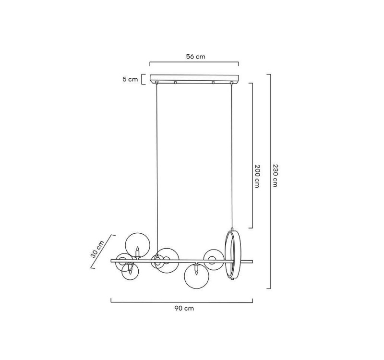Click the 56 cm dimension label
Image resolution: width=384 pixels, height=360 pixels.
click(196, 57)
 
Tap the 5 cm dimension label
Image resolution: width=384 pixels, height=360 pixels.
click(130, 79)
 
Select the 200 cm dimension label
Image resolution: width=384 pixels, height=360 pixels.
click(257, 176)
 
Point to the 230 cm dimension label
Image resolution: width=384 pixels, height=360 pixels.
click(275, 176)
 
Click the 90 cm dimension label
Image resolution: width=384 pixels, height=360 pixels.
click(184, 309)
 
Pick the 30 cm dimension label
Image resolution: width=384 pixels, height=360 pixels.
click(97, 249)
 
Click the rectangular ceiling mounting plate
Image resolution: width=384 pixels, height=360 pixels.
click(194, 79)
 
